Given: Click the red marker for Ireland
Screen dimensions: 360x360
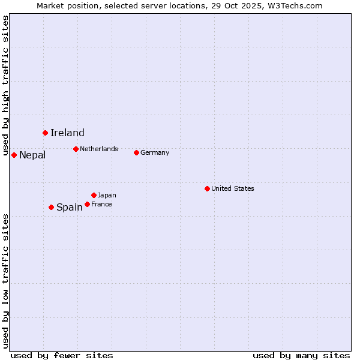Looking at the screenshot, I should click(45, 133).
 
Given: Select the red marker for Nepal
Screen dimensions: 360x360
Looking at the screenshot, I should click(14, 155).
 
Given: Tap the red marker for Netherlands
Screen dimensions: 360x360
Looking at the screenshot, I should click(76, 149).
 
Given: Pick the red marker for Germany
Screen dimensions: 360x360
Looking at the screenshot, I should click(136, 152).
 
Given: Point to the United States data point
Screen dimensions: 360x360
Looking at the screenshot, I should click(207, 188).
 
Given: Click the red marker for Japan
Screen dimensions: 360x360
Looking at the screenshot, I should click(94, 195).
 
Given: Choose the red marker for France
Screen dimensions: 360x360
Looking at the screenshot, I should click(87, 204).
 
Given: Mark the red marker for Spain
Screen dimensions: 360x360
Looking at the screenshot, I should click(51, 207).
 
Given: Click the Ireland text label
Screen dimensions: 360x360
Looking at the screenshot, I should click(67, 133).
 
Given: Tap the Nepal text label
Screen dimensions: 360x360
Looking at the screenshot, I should click(32, 155).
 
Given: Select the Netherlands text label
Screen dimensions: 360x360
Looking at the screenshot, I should click(99, 149).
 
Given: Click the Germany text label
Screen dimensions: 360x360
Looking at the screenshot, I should click(155, 152).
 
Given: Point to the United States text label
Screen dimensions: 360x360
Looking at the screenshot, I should click(233, 188).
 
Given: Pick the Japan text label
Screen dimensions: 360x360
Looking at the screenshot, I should click(107, 195).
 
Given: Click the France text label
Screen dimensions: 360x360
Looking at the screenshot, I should click(101, 204).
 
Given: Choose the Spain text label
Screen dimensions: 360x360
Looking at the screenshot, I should click(70, 208).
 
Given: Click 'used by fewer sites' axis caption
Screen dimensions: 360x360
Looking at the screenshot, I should click(62, 355).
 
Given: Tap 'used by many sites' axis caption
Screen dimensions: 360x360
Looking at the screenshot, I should click(301, 355).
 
